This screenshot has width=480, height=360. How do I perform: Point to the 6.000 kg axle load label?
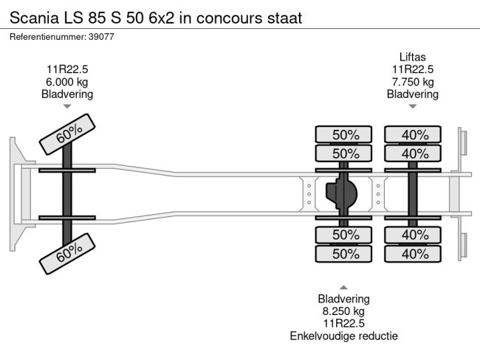tap(68, 82)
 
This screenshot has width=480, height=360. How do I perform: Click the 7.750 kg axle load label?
tap(413, 82)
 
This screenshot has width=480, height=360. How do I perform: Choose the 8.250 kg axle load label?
tap(343, 311)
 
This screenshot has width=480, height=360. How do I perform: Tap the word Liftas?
tap(413, 57)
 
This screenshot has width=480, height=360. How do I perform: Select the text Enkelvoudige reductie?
tap(343, 336)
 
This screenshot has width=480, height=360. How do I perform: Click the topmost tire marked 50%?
tap(345, 135)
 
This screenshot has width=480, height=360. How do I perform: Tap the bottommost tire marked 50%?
tap(345, 254)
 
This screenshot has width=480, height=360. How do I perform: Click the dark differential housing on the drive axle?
tap(340, 193)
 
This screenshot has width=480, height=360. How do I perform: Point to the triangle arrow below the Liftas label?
tap(413, 106)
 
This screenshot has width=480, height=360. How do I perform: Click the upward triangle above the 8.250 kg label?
tap(343, 288)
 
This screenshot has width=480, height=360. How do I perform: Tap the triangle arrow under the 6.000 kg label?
tap(68, 106)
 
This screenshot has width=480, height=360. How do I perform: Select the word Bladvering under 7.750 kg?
tap(413, 94)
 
